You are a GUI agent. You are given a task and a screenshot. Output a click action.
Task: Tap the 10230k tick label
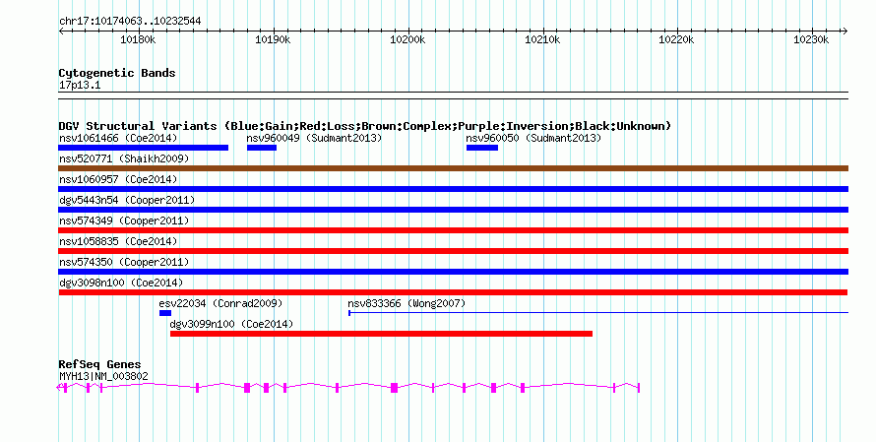click(x=812, y=39)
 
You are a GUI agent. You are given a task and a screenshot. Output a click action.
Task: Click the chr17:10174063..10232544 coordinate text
click(x=130, y=21)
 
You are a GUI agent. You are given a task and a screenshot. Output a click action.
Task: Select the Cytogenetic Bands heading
click(x=117, y=73)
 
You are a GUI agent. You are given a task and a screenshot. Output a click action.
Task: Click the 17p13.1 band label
click(x=80, y=85)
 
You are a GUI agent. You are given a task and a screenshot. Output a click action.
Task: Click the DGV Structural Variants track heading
click(x=364, y=126)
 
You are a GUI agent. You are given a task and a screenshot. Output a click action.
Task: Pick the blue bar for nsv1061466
click(x=144, y=148)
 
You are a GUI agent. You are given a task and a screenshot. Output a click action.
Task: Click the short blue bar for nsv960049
click(x=261, y=148)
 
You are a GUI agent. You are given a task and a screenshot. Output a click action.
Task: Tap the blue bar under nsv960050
click(x=481, y=148)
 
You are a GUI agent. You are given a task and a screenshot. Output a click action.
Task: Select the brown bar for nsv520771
click(x=453, y=168)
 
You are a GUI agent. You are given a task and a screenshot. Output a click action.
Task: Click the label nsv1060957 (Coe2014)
click(x=118, y=179)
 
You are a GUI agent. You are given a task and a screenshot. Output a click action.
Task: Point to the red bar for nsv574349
click(x=453, y=230)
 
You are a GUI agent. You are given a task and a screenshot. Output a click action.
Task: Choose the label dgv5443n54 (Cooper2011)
click(x=127, y=200)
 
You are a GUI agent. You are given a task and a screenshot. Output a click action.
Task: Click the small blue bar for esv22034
click(x=164, y=313)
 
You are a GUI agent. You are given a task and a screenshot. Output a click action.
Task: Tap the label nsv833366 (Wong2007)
click(x=407, y=303)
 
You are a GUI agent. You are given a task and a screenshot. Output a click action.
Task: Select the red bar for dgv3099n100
click(x=381, y=334)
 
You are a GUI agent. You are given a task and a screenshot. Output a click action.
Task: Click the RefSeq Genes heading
click(x=99, y=364)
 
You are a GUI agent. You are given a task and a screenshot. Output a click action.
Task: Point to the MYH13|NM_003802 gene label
click(x=103, y=375)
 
